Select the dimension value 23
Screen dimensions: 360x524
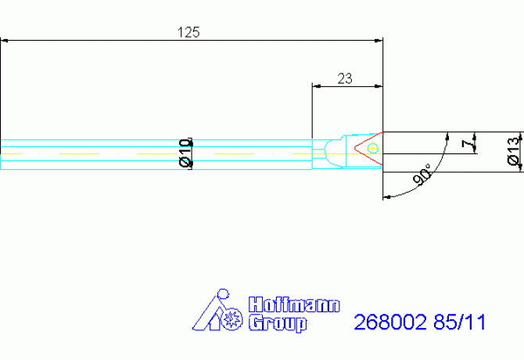click(x=344, y=77)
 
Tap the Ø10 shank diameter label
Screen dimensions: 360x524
click(x=185, y=153)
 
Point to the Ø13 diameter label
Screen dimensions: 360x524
click(x=513, y=149)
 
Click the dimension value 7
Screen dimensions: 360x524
click(x=467, y=145)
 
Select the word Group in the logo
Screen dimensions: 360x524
click(x=277, y=322)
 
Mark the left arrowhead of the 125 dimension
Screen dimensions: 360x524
click(x=5, y=40)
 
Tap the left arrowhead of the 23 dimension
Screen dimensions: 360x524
click(x=317, y=85)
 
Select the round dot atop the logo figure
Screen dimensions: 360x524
click(x=222, y=295)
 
